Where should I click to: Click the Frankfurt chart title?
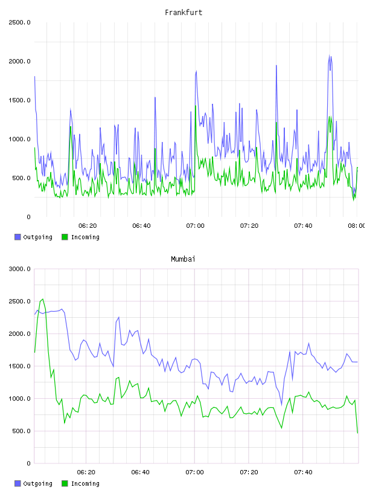(183, 13)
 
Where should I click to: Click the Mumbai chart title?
(183, 259)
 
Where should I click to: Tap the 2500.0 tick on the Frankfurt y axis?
(19, 22)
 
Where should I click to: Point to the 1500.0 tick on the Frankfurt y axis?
(19, 100)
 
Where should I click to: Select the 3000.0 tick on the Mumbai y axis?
(19, 269)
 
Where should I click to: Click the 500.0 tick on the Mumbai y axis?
(21, 431)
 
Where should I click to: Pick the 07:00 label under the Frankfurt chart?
(195, 226)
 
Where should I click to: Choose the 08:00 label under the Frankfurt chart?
(357, 226)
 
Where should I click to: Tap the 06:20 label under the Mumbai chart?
(86, 472)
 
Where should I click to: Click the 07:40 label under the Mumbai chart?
(303, 472)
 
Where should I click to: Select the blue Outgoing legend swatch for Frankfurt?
(18, 237)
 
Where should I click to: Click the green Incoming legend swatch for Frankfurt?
(65, 237)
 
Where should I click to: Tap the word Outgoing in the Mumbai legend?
(37, 484)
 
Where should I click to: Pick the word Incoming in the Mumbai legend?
(85, 484)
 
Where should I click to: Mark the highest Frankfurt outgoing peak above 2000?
(330, 56)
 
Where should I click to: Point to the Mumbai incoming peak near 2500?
(43, 299)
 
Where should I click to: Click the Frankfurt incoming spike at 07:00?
(196, 106)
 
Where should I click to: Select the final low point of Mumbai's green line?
(357, 433)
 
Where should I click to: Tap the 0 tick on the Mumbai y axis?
(28, 463)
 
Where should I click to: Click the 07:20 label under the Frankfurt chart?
(249, 226)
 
